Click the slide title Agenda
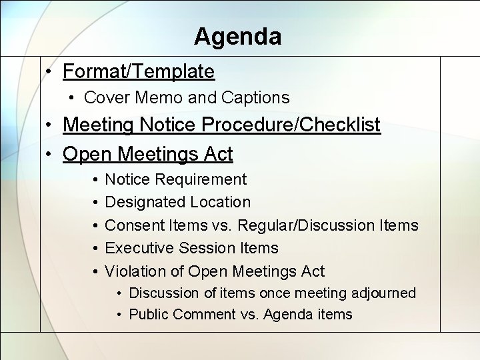[237, 36]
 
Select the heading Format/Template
[139, 71]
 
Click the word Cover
[107, 98]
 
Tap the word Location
[220, 202]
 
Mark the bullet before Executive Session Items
[94, 248]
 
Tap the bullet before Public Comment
[117, 315]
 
